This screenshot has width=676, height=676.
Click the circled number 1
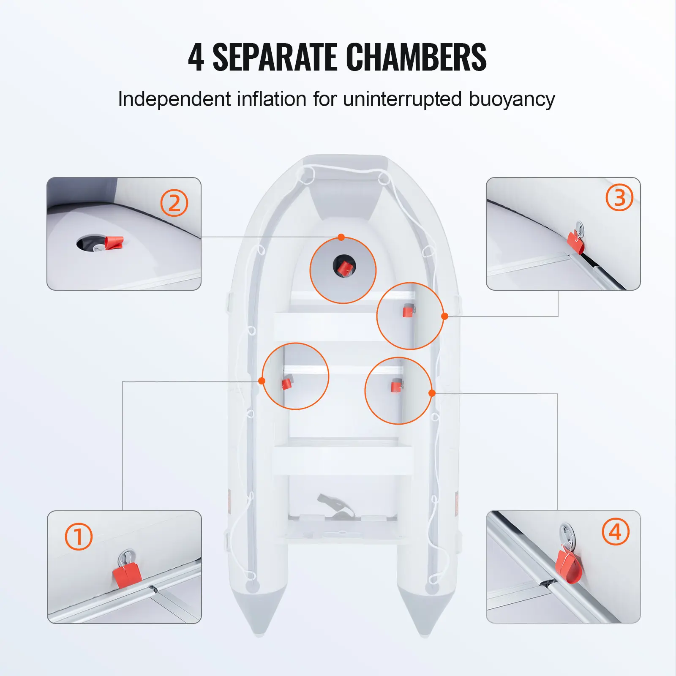click(x=79, y=537)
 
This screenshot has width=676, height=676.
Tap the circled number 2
click(x=174, y=203)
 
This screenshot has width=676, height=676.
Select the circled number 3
click(x=619, y=197)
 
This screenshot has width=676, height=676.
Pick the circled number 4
click(x=616, y=532)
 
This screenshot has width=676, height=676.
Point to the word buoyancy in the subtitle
click(x=512, y=100)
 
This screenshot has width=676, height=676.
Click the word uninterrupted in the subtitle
click(x=403, y=99)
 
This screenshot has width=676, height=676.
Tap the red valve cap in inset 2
click(x=114, y=243)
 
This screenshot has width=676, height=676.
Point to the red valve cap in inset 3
click(x=575, y=243)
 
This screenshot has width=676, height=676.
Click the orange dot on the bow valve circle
click(x=341, y=237)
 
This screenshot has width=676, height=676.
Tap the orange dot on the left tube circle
click(x=262, y=381)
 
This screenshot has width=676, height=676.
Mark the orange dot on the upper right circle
click(x=444, y=316)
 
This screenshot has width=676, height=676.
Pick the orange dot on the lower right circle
click(x=432, y=393)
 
